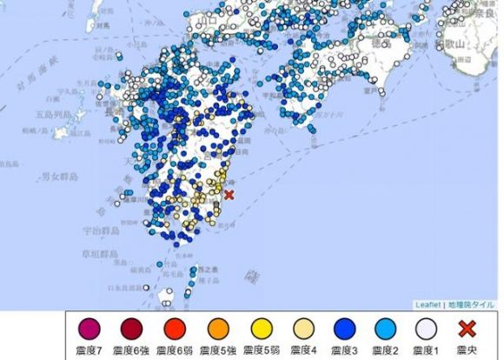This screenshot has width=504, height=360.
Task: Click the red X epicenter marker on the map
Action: pyautogui.click(x=229, y=196)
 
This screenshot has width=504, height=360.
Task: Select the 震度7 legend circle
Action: pyautogui.click(x=90, y=330)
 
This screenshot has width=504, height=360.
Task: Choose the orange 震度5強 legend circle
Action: pyautogui.click(x=218, y=330)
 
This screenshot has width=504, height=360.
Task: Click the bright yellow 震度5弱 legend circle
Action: pyautogui.click(x=261, y=330)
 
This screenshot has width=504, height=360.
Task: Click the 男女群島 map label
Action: pyautogui.click(x=59, y=177)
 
